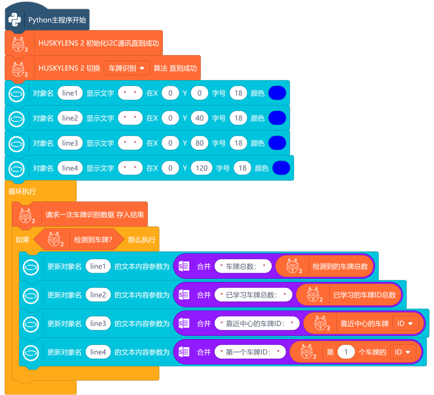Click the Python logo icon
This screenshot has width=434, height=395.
(x=15, y=20)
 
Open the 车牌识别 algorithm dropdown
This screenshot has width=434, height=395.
(x=126, y=68)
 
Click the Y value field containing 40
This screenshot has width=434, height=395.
(x=199, y=118)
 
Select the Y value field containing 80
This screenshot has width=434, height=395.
(x=199, y=143)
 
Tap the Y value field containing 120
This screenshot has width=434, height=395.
(x=202, y=168)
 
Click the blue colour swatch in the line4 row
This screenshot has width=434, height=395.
(x=281, y=168)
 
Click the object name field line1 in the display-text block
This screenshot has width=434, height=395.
(x=70, y=93)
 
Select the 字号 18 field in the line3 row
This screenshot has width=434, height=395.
(x=238, y=143)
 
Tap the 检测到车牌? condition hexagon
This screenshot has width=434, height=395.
(x=93, y=240)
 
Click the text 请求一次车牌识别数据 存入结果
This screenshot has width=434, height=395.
(x=95, y=214)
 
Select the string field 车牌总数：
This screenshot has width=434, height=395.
(x=243, y=266)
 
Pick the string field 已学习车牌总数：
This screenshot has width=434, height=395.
(x=253, y=295)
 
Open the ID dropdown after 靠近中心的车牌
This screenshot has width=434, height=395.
(x=405, y=324)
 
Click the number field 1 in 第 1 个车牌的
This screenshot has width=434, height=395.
(x=346, y=352)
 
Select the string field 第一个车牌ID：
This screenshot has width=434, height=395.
(x=250, y=352)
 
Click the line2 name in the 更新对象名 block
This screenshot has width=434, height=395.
(x=98, y=295)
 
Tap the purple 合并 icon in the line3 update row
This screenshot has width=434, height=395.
(x=184, y=324)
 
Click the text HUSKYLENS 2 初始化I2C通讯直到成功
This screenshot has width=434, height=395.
(x=99, y=43)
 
